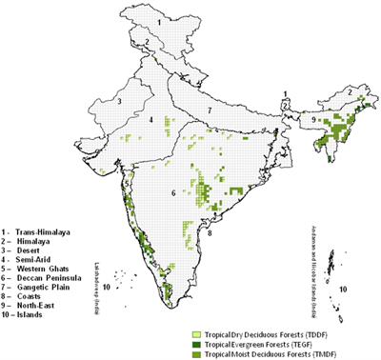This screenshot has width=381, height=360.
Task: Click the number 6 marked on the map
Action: point(172,193)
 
